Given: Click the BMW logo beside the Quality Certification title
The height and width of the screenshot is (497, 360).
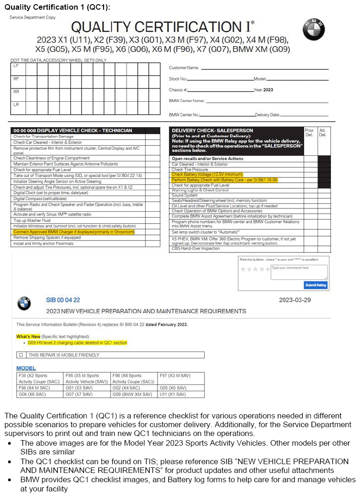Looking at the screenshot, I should click(x=314, y=30).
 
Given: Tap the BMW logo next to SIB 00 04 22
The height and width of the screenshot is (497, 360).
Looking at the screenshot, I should click(x=24, y=303).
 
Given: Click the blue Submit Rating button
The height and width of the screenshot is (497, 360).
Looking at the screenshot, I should click(x=316, y=285).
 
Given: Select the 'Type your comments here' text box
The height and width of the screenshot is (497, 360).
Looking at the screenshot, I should click(x=299, y=271).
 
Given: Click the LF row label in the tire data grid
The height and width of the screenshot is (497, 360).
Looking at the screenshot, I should click(x=16, y=67).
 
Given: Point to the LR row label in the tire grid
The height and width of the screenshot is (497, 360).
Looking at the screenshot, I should click(x=16, y=104).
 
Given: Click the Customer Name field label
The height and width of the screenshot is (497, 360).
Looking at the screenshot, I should click(x=183, y=68).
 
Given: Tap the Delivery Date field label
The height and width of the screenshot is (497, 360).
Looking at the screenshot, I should click(x=267, y=115).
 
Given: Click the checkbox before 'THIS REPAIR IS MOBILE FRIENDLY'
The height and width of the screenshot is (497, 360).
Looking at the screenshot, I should click(x=20, y=355).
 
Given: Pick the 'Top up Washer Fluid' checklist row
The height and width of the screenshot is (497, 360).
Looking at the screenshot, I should click(x=32, y=220).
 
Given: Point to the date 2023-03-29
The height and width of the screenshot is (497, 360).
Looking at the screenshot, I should click(x=295, y=300).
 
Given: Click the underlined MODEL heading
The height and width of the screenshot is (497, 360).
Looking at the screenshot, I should click(x=26, y=368).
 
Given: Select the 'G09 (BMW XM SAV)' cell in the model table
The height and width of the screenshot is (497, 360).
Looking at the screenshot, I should click(x=132, y=394).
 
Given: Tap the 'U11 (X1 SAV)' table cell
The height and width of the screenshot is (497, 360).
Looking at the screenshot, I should click(x=172, y=394).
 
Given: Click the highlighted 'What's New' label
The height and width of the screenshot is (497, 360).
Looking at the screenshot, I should click(x=28, y=337).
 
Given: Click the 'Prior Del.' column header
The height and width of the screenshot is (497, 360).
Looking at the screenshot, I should click(x=309, y=133).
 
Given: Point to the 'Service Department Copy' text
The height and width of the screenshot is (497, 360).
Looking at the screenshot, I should click(x=32, y=18).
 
